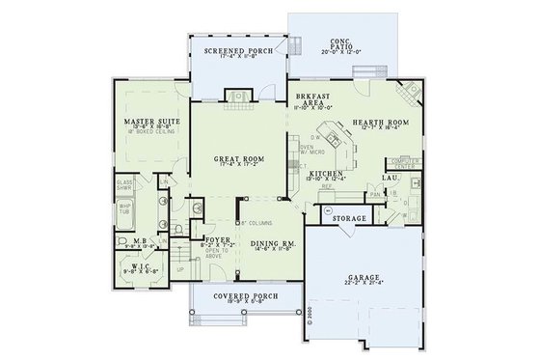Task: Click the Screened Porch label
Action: [231, 49]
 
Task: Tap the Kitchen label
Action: [344, 174]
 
